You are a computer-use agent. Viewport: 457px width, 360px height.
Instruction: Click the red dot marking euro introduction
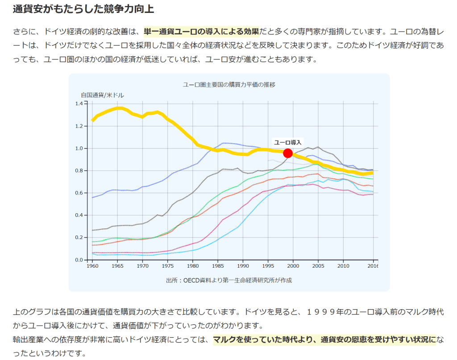pos(288,153)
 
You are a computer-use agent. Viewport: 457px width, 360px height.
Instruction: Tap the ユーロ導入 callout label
pos(287,142)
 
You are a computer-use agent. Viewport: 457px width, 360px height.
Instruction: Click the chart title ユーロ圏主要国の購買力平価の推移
pos(229,85)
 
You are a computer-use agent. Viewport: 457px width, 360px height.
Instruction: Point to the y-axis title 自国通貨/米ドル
pos(102,95)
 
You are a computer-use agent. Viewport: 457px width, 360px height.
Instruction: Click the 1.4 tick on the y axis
pos(79,103)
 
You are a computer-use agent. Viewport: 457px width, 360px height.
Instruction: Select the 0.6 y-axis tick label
pos(79,193)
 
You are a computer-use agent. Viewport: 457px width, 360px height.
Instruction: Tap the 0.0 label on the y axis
pos(79,260)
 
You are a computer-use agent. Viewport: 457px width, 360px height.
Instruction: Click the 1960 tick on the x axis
pos(92,266)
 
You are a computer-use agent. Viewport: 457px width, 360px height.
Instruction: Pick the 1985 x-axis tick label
pos(218,266)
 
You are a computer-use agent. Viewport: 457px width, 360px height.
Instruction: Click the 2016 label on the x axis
pos(372,266)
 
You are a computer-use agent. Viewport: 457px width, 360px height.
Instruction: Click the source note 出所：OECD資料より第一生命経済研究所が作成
pos(229,280)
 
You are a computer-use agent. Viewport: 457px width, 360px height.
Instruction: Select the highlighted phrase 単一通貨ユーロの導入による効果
pos(201,32)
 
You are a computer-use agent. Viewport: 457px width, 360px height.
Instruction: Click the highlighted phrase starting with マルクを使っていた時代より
pos(324,340)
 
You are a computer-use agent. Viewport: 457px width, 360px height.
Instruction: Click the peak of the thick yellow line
pos(119,108)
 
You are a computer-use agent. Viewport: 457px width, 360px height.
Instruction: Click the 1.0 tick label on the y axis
pos(79,148)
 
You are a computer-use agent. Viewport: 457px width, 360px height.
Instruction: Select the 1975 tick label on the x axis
pos(167,266)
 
